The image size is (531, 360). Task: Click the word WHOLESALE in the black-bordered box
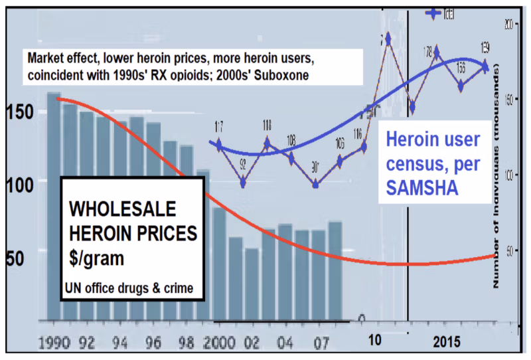(x=123, y=210)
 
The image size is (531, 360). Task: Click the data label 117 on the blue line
(x=218, y=126)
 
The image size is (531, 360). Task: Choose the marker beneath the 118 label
(x=267, y=142)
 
